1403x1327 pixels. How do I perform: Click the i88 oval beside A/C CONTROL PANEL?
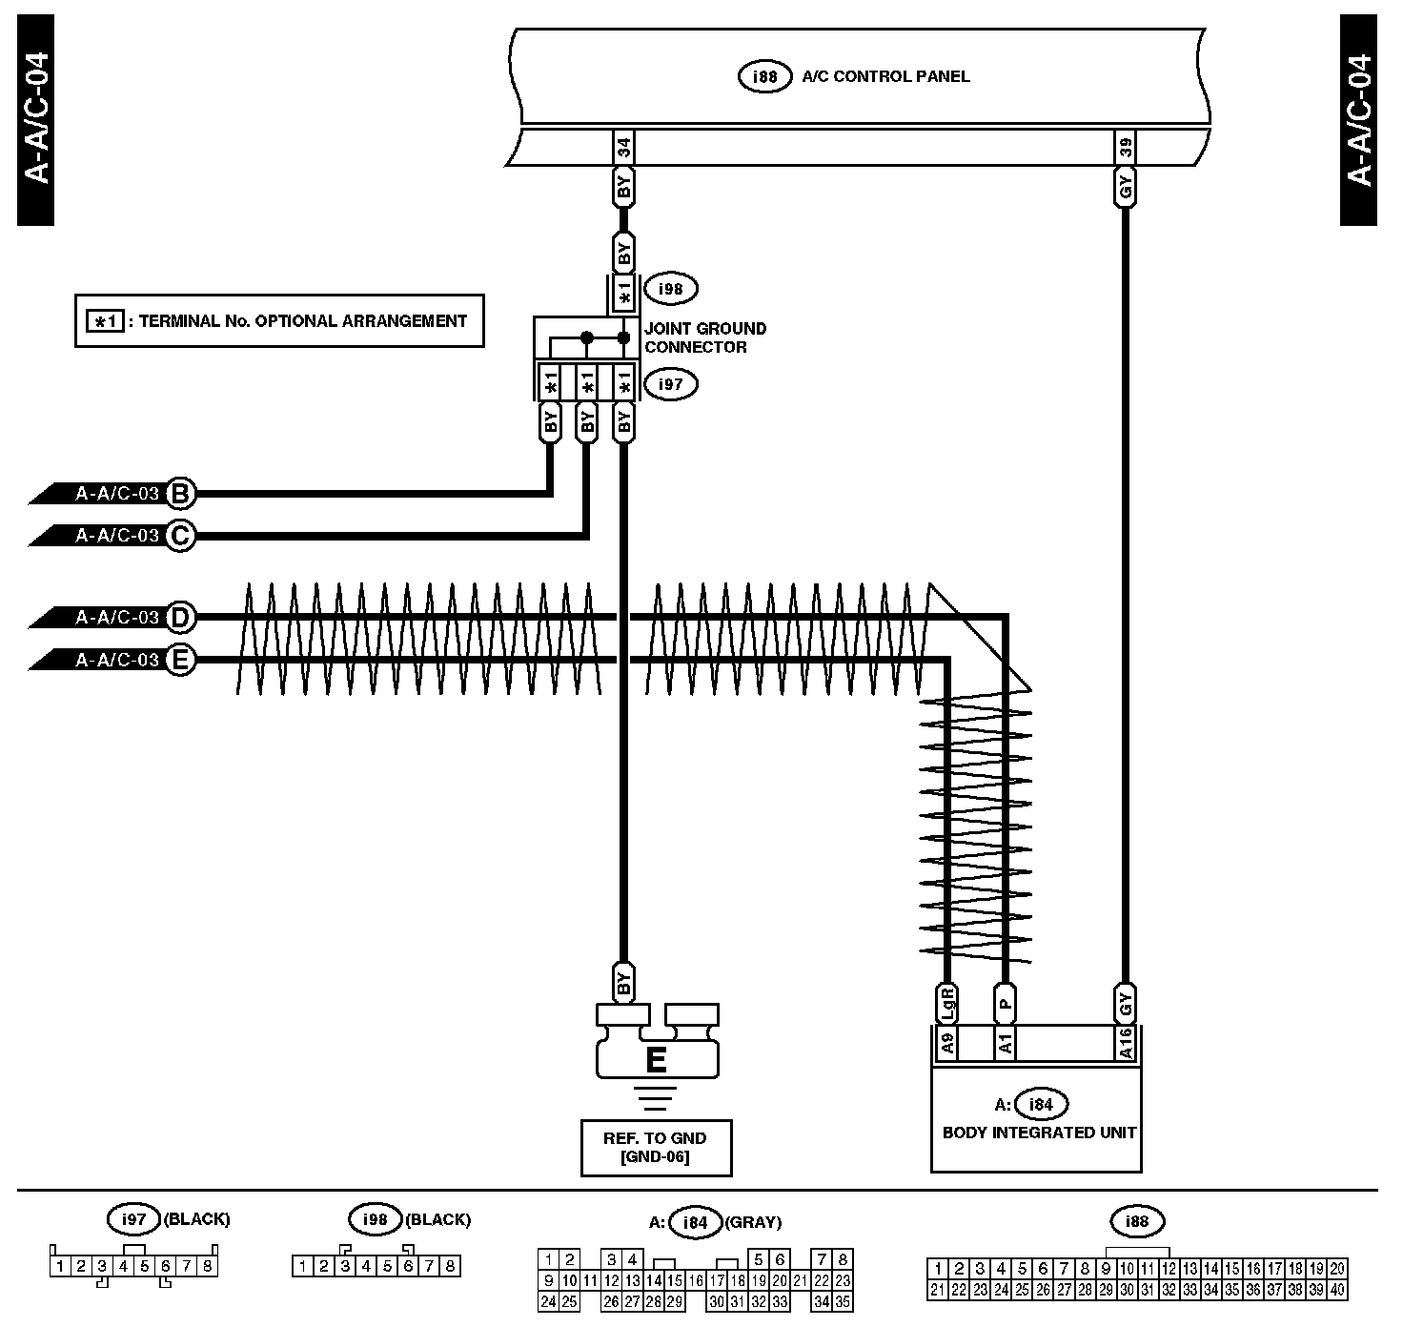tap(764, 76)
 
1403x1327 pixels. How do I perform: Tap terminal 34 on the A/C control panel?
tap(623, 148)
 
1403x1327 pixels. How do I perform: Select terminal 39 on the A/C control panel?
tap(1126, 148)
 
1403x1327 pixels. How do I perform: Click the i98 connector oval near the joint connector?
tap(670, 289)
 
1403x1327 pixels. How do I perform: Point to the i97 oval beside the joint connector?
tap(670, 384)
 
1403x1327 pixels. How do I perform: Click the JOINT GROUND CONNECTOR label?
tap(705, 337)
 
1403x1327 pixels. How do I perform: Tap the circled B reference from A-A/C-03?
tap(180, 493)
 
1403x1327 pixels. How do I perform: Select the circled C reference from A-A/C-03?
tap(180, 536)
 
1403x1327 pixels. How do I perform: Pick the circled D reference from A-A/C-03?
tap(180, 618)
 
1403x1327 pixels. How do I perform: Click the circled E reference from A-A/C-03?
tap(180, 660)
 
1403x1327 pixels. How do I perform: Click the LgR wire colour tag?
tap(947, 1003)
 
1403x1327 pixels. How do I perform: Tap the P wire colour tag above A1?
tap(1005, 1003)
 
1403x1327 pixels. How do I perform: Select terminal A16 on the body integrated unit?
tap(1126, 1043)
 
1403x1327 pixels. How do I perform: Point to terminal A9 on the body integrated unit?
tap(947, 1043)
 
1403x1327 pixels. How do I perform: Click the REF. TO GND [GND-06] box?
tap(656, 1148)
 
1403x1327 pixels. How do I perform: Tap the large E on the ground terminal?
tap(656, 1060)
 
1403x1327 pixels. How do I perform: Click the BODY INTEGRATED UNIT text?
tap(1039, 1133)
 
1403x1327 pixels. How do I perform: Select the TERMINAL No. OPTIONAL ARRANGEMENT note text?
tap(302, 321)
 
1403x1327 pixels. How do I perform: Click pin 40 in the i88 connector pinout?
tap(1336, 1290)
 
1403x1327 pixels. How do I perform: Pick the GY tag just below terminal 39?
tap(1126, 187)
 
